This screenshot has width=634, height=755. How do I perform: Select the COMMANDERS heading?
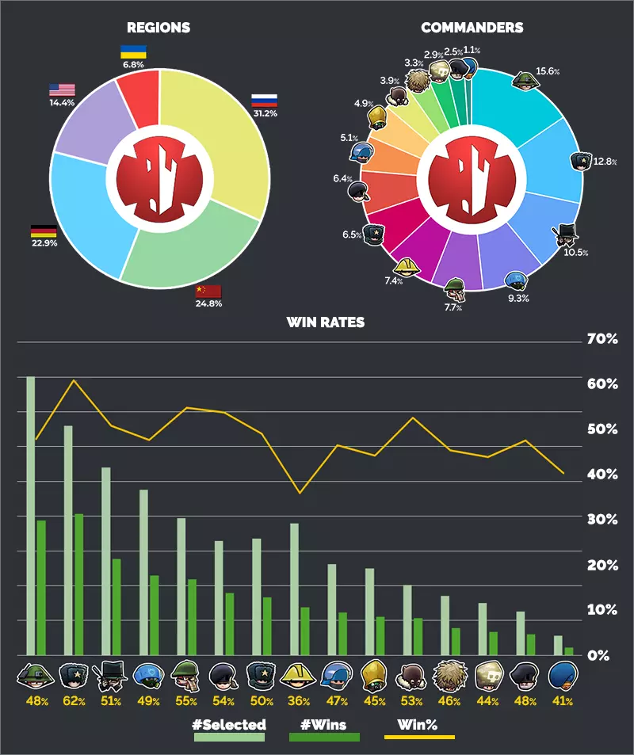pos(472,28)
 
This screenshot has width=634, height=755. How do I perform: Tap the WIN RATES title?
pos(325,322)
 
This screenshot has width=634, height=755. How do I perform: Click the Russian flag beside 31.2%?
pos(264,101)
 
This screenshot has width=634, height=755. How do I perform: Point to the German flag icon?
pos(43,231)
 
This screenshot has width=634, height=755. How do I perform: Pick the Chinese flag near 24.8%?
pos(208,291)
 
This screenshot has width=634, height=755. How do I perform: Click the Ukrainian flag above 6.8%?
pos(132,51)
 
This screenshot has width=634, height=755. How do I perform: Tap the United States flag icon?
pos(62,90)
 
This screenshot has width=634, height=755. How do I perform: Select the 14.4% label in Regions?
pos(62,102)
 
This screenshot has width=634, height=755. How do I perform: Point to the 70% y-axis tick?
pos(601,339)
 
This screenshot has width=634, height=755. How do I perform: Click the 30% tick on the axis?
pos(601,520)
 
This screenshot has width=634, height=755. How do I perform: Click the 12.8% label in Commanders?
pos(605,162)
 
